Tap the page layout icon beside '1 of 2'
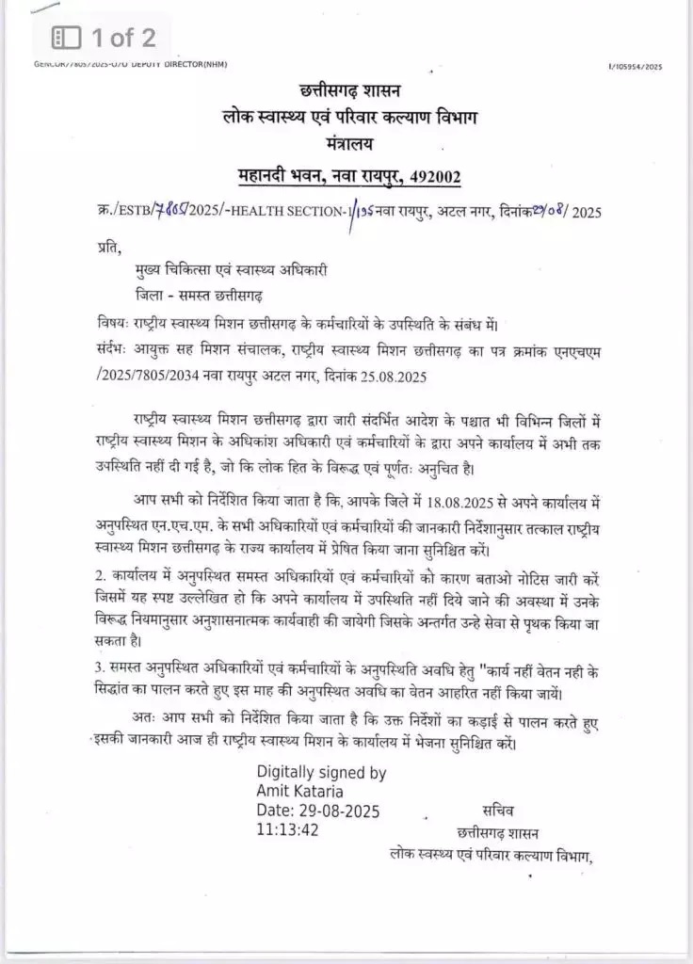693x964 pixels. (x=67, y=38)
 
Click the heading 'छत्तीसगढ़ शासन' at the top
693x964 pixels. (x=349, y=91)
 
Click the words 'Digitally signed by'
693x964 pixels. (x=321, y=772)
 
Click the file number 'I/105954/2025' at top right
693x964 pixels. (x=637, y=67)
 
